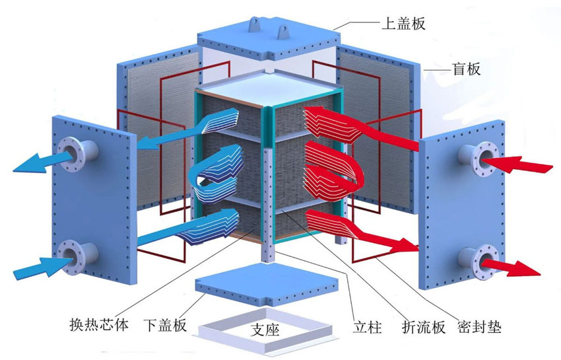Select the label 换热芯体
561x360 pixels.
[x=98, y=326]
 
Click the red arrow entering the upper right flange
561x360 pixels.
[x=527, y=162]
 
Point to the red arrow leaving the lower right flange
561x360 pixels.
[x=521, y=267]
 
